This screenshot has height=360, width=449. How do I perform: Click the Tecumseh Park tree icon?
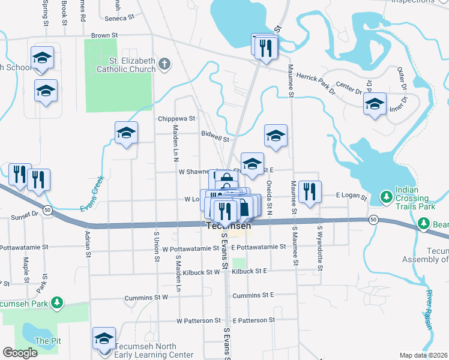[x=58, y=302]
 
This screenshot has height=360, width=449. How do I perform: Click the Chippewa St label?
[x=177, y=119]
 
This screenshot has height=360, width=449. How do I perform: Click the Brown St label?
[x=100, y=35]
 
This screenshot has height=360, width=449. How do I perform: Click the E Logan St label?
[x=351, y=196]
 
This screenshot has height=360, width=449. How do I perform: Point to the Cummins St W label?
[x=146, y=298]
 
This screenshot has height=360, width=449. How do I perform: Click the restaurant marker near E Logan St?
[x=310, y=192]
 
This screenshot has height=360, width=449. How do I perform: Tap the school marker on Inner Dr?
[x=375, y=104]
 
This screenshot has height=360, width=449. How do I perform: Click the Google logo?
[x=20, y=353]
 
